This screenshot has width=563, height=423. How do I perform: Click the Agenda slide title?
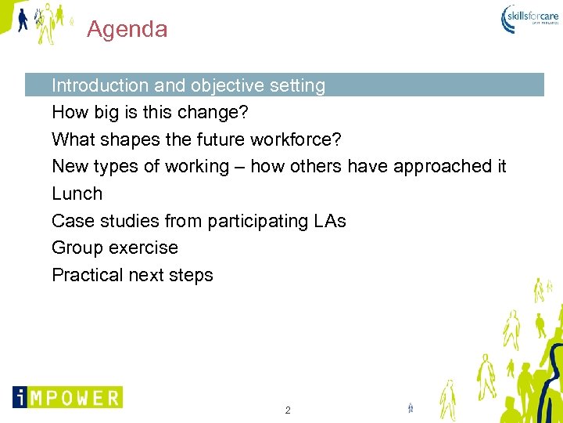tap(127, 30)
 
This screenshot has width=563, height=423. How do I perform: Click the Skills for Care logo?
tap(529, 18)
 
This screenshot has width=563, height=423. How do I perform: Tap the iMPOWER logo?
tap(67, 397)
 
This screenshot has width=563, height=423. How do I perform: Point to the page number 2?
tap(288, 410)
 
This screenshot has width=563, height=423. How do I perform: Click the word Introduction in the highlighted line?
tap(99, 85)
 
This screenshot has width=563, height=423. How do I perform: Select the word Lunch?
tap(77, 193)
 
